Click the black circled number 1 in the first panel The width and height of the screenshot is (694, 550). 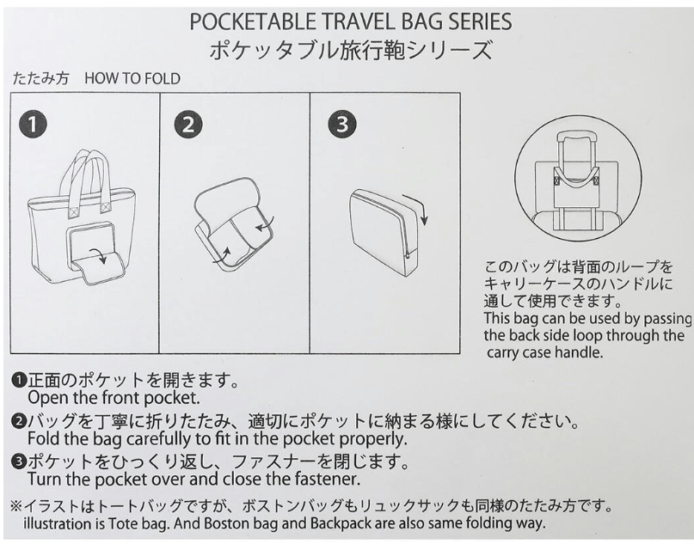click(33, 125)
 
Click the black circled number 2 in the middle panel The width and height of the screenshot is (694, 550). click(188, 125)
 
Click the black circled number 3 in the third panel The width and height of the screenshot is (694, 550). click(341, 125)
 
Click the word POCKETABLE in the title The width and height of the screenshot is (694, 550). click(252, 21)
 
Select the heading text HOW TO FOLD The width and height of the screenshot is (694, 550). click(132, 79)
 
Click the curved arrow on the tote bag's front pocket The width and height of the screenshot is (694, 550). click(98, 255)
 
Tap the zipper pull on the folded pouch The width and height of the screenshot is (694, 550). click(408, 256)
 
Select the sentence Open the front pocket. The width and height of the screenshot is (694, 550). click(114, 398)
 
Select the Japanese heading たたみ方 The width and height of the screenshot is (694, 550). click(40, 79)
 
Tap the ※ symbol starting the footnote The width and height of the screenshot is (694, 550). click(17, 505)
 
